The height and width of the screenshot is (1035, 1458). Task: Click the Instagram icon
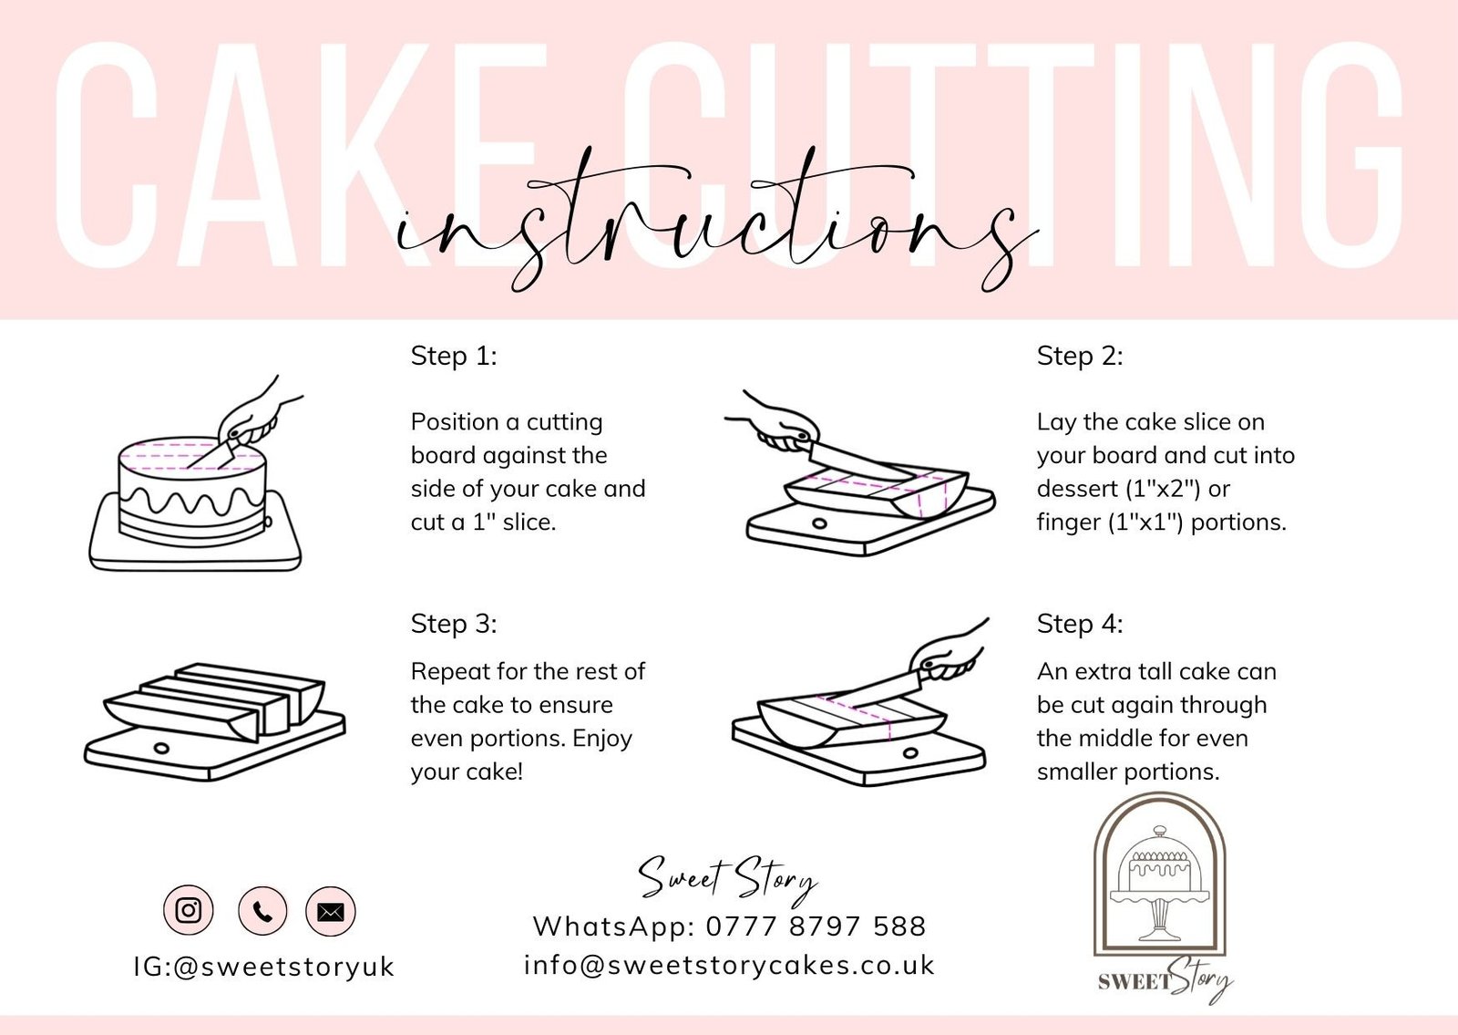(188, 910)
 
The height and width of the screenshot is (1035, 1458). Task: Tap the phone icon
(262, 911)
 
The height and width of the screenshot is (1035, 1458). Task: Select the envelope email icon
(331, 911)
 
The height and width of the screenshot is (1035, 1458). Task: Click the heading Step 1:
(454, 357)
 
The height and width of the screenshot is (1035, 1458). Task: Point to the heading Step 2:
(1080, 357)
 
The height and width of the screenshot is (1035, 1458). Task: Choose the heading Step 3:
(454, 624)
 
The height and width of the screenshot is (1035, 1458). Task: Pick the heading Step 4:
(1080, 624)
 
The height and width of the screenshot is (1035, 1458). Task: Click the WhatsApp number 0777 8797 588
(816, 926)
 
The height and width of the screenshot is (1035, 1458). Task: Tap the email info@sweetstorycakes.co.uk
(729, 966)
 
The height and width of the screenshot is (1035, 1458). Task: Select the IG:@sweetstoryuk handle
(264, 968)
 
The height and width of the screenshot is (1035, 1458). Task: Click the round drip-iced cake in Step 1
(192, 492)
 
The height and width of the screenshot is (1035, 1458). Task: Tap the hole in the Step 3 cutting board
(160, 748)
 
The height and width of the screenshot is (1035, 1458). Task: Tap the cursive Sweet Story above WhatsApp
(727, 881)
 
